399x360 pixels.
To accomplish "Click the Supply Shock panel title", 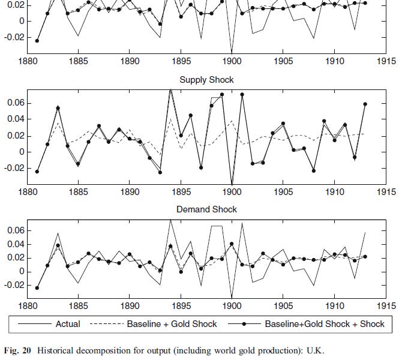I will point(206,79).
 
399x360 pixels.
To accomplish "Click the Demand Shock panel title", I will point(206,209).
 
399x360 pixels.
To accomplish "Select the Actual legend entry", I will point(68,323).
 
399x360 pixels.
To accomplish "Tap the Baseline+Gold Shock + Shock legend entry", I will point(325,323).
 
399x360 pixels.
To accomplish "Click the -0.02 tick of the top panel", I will point(13,37).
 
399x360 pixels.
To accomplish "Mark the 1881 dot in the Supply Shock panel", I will point(37,172).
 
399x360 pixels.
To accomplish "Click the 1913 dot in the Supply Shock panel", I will point(365,104).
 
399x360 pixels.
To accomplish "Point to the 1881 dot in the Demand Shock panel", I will point(37,288).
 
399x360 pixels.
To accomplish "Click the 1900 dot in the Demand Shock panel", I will point(232,244).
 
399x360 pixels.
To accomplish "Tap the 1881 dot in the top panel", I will point(37,41).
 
